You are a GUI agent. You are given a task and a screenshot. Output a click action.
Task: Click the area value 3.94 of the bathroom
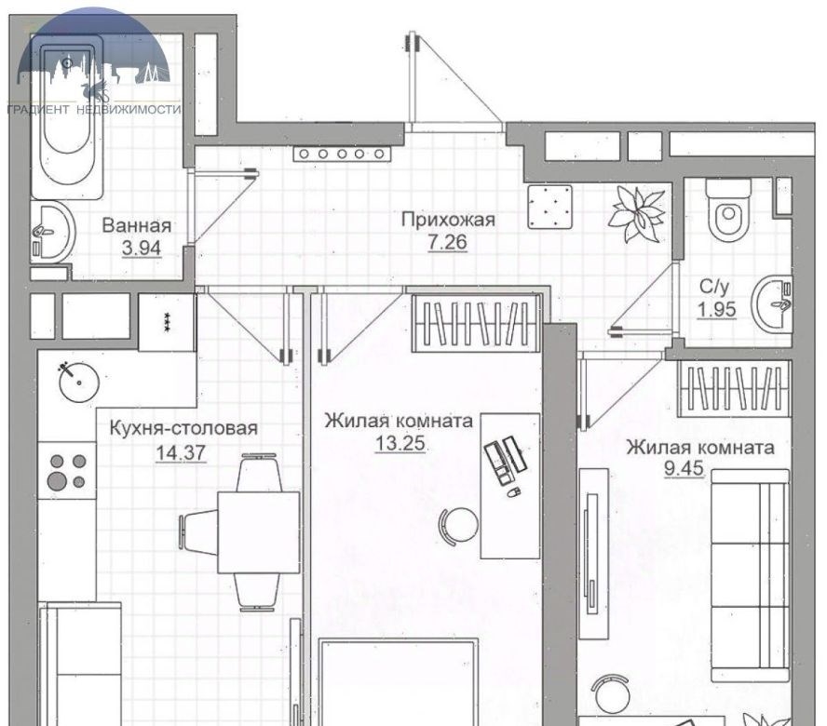[141, 248]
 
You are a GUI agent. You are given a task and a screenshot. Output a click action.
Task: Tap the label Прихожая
[448, 219]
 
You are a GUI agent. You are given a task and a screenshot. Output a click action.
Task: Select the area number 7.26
[447, 242]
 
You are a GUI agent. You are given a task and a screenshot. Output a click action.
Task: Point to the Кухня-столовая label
[183, 428]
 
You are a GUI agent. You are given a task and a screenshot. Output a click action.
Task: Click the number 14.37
[181, 452]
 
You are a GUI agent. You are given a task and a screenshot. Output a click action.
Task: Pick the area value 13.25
[400, 443]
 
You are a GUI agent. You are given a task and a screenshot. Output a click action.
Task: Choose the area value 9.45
[684, 467]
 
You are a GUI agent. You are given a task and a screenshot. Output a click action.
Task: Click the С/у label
[714, 287]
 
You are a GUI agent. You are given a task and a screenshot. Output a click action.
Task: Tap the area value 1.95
[717, 310]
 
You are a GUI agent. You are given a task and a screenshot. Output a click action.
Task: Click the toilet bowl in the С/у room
[728, 208]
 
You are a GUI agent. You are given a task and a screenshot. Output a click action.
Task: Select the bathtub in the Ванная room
[67, 116]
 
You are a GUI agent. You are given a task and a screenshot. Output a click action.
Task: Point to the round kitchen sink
[79, 382]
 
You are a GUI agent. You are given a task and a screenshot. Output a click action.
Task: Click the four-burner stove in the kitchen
[67, 471]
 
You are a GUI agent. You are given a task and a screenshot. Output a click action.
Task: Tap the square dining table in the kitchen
[259, 532]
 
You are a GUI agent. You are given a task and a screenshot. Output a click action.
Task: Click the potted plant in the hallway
[636, 214]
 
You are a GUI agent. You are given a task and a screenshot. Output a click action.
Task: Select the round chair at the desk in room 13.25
[459, 526]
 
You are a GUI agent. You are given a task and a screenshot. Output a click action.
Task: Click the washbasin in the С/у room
[774, 304]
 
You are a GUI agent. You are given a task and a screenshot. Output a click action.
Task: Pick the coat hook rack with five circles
[343, 154]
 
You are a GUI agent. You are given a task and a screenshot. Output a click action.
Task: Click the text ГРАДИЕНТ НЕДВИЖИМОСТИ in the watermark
[94, 109]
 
